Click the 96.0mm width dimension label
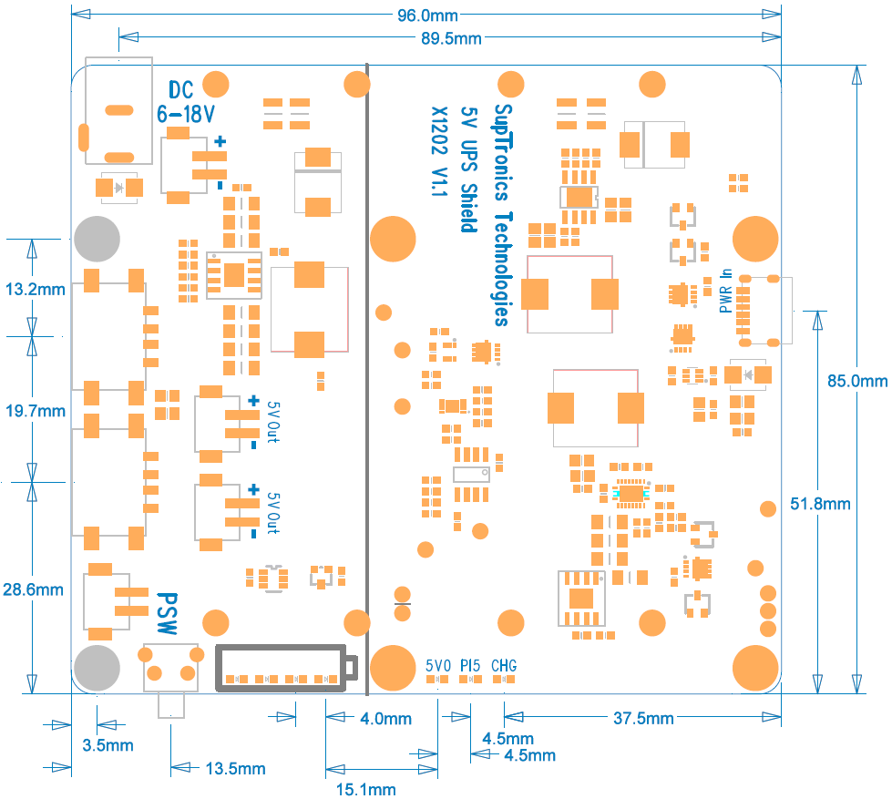pyautogui.click(x=427, y=16)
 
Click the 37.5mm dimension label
pyautogui.click(x=643, y=719)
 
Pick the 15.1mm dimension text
pyautogui.click(x=367, y=789)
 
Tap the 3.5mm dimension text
pyautogui.click(x=108, y=745)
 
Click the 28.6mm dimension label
pyautogui.click(x=34, y=589)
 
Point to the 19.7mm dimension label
pyautogui.click(x=35, y=411)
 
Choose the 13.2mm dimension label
pyautogui.click(x=35, y=290)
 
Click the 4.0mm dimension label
pyautogui.click(x=385, y=719)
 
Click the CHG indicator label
pyautogui.click(x=504, y=666)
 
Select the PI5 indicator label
pyautogui.click(x=470, y=666)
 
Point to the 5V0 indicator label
pyautogui.click(x=438, y=666)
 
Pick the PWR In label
pyautogui.click(x=726, y=291)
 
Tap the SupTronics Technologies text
pyautogui.click(x=502, y=213)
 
